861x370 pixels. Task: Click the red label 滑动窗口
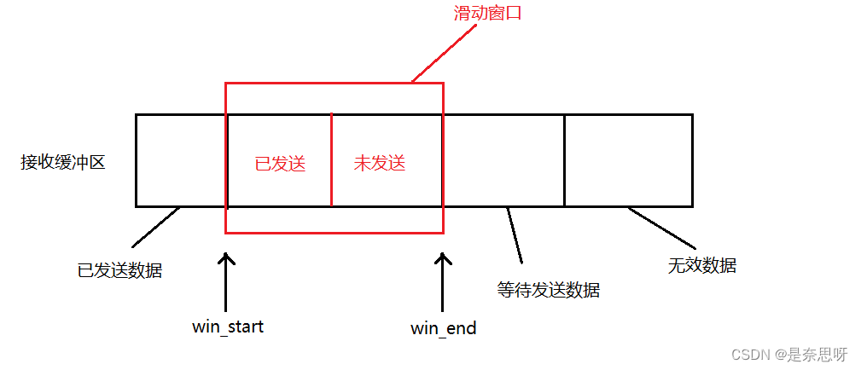[486, 14]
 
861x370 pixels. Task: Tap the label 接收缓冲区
[63, 162]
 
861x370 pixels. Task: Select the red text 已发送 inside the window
[280, 163]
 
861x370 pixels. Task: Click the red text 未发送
[380, 163]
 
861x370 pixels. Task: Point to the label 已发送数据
[119, 271]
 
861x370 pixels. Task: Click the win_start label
[228, 327]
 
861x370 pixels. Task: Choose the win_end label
[443, 328]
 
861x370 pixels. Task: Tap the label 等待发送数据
[548, 290]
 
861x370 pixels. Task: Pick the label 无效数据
[702, 265]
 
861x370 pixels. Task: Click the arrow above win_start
[226, 281]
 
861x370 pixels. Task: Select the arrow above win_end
[442, 281]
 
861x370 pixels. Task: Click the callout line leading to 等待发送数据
[515, 235]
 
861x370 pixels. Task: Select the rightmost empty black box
[628, 160]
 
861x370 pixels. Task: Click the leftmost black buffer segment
[180, 160]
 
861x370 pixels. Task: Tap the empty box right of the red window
[503, 160]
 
